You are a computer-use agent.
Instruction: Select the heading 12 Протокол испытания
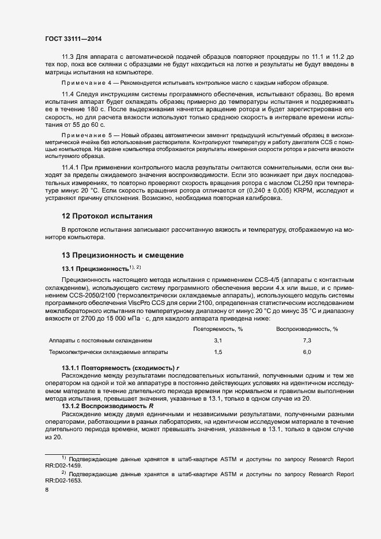[107, 216]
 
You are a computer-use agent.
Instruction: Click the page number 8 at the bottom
[47, 491]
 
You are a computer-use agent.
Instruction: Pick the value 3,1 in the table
[218, 341]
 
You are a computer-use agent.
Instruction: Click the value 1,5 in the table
[218, 352]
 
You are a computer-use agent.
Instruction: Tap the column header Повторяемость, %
[218, 329]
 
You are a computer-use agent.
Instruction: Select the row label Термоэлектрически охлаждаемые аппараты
[109, 352]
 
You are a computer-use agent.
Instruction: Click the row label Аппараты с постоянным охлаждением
[101, 341]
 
